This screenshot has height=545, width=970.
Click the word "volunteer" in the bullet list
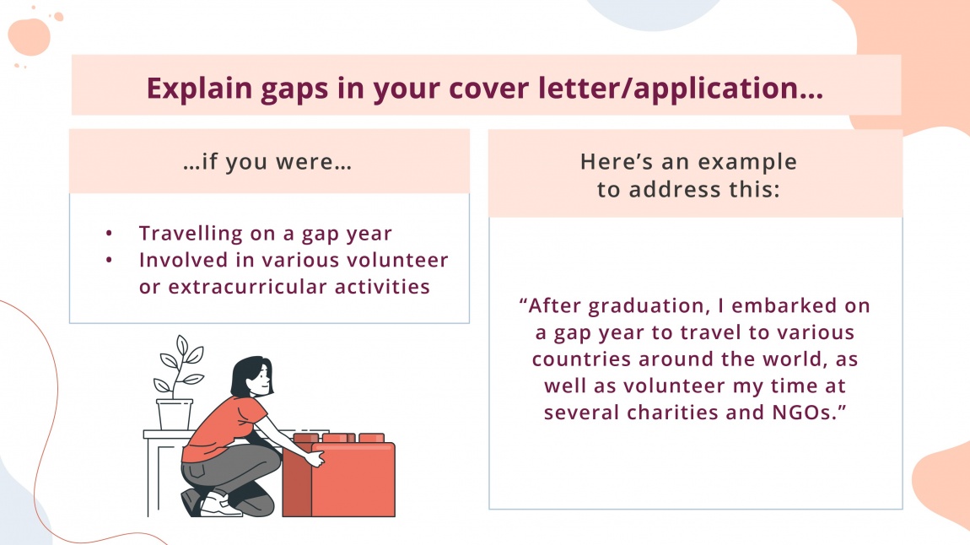pyautogui.click(x=399, y=260)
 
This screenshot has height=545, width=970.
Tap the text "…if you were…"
pyautogui.click(x=267, y=162)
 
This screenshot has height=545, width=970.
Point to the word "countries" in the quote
pyautogui.click(x=580, y=359)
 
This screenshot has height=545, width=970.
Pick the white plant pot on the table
pyautogui.click(x=175, y=414)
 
